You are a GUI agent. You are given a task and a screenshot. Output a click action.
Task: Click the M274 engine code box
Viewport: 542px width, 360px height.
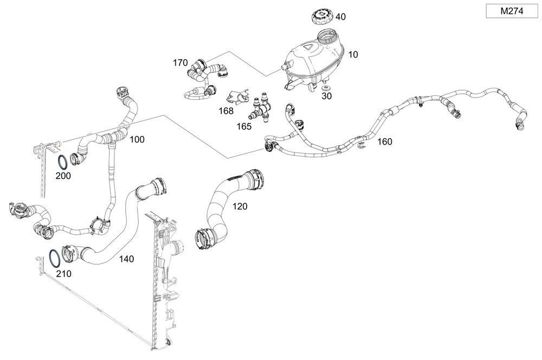[511, 11]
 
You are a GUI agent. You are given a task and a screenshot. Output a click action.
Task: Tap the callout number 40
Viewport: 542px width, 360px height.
[340, 17]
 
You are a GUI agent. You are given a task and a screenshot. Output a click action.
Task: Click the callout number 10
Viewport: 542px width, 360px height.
[353, 55]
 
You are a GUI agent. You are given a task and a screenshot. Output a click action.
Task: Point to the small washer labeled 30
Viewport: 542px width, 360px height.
[326, 87]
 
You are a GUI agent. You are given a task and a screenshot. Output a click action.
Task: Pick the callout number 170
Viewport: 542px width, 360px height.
[180, 62]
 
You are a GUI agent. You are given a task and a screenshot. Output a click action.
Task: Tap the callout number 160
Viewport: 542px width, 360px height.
[384, 142]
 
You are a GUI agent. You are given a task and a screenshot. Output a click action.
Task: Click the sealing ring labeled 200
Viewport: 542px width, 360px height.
[63, 162]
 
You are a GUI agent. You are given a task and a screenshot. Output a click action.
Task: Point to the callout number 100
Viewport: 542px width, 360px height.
[137, 140]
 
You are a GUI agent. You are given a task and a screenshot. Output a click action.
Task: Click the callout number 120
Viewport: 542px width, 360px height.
[240, 206]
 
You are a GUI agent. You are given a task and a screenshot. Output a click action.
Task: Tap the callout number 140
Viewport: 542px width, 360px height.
[126, 259]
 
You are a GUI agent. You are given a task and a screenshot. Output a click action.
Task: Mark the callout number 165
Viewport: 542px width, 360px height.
[244, 126]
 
